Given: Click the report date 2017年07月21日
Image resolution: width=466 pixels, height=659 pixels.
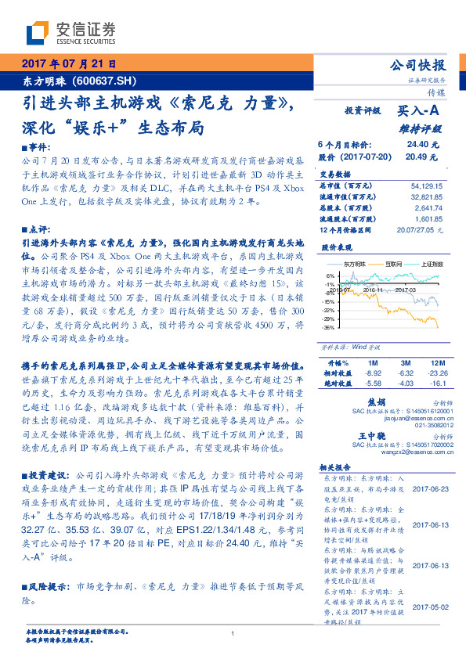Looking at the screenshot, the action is click(68, 64).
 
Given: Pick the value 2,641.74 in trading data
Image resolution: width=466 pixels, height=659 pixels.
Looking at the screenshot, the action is click(428, 208).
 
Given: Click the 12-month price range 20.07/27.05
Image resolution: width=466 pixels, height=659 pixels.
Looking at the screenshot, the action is click(424, 230).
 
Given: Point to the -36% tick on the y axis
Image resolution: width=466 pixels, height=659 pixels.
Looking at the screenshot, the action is click(327, 328).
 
